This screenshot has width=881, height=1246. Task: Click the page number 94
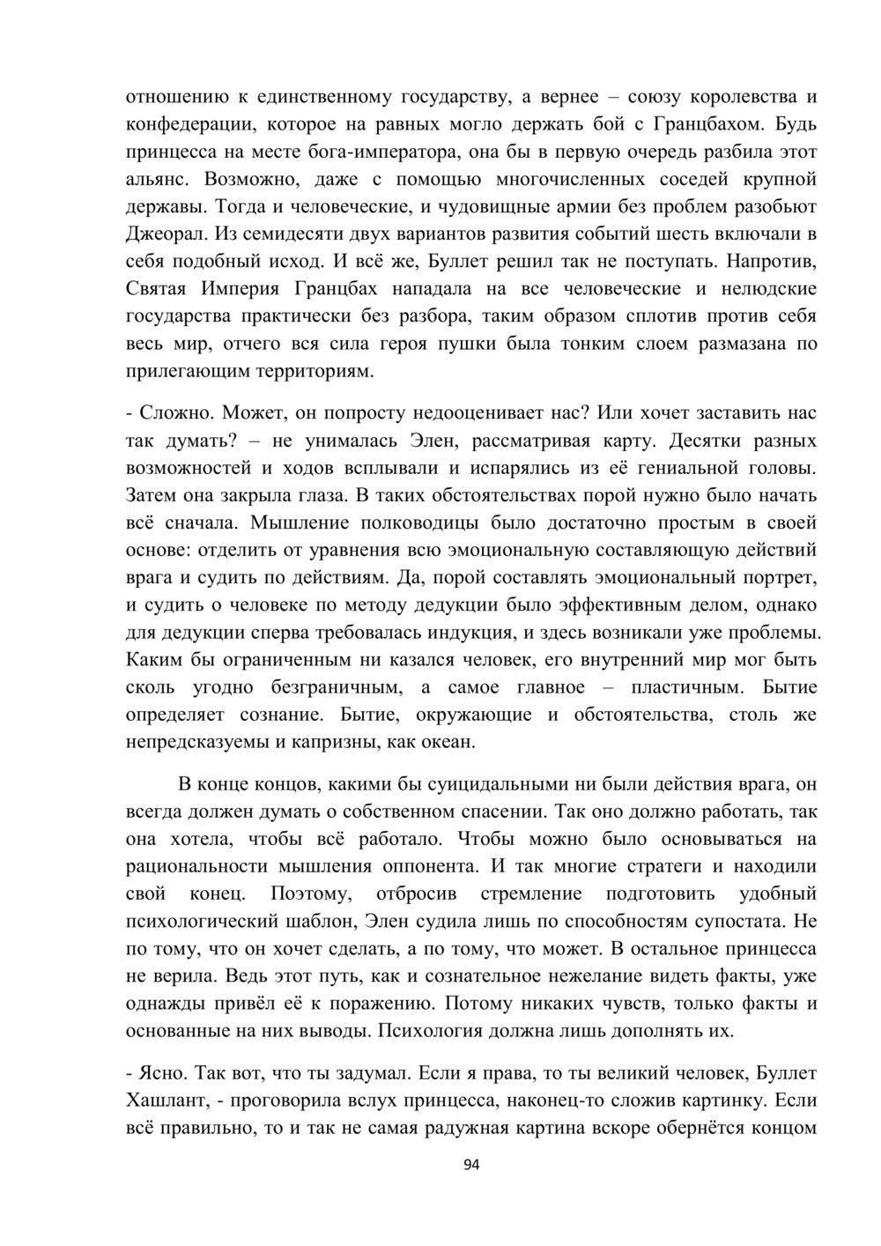coord(471,1165)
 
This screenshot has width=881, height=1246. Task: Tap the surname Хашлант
coord(167,1100)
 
